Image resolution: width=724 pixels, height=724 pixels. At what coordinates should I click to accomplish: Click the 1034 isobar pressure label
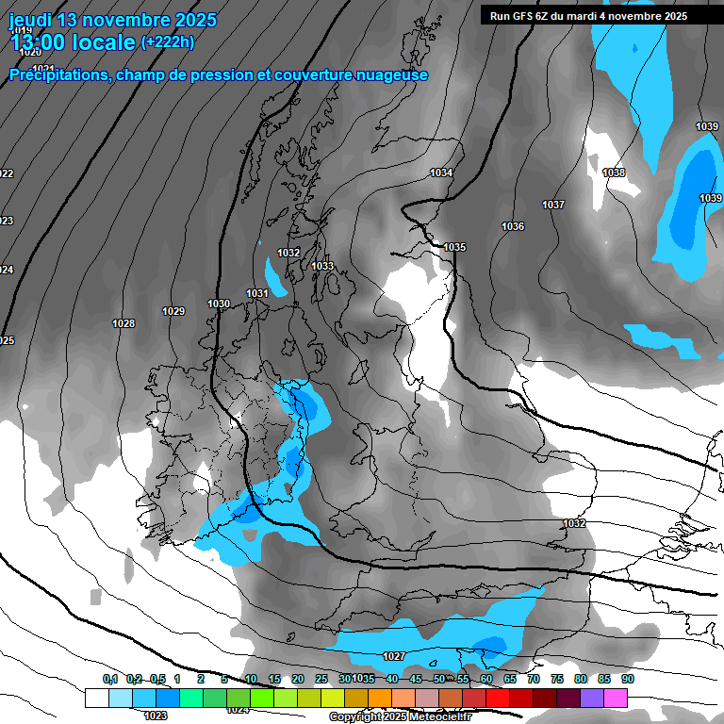coord(440,173)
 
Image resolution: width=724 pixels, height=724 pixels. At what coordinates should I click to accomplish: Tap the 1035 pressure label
coord(454,247)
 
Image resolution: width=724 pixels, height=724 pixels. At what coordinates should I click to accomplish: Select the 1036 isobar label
coord(513,227)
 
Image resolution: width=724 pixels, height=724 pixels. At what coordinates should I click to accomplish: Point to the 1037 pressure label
coord(553,205)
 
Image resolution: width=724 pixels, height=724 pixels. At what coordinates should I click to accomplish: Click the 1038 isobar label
coord(614,173)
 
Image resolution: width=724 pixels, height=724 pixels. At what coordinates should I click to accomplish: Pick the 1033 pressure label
coord(322,266)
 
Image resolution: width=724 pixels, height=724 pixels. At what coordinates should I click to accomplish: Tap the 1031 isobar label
coord(257,293)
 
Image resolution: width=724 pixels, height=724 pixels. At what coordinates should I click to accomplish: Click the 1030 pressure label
coord(219,304)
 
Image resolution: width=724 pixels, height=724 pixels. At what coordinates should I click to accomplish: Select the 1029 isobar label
coord(173,311)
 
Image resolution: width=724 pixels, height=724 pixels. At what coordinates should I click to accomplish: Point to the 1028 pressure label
coord(123,323)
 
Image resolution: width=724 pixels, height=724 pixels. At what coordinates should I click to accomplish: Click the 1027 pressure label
coord(394,656)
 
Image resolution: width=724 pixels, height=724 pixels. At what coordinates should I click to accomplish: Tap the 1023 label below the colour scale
coord(156,716)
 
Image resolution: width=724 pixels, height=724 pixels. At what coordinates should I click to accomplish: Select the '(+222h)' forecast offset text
coord(167,42)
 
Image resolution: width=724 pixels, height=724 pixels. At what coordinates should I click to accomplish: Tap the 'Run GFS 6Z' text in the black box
coord(518,16)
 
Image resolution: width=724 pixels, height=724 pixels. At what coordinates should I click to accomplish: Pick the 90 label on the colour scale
coord(627,679)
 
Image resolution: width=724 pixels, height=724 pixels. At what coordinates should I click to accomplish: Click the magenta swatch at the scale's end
coord(616,698)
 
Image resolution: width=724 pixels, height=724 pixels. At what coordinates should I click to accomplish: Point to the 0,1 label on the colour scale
coord(110,679)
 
